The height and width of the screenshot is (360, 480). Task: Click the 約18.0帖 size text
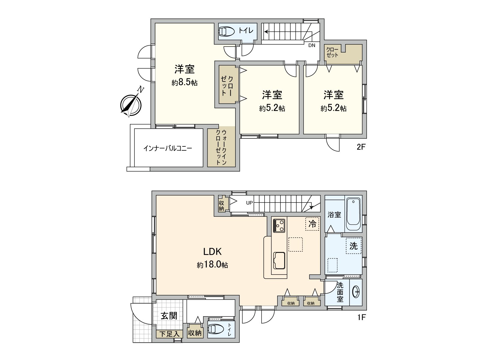212,265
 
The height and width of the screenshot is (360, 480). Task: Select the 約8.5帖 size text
184,82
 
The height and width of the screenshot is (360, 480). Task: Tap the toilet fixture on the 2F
227,31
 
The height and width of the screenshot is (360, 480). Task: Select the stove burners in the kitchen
279,225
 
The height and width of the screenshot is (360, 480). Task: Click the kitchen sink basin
279,260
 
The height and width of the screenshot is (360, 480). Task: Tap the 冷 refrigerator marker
312,224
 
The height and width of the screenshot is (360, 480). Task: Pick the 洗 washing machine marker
353,246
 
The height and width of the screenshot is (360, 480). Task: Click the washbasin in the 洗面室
356,292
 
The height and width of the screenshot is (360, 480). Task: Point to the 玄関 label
169,315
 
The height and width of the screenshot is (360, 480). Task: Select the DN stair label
312,46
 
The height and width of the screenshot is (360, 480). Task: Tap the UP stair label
249,203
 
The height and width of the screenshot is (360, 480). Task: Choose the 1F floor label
361,317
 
